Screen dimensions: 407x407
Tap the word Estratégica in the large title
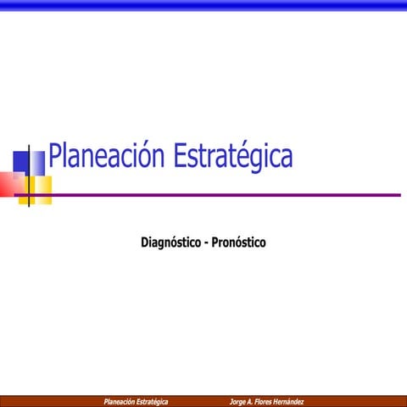232,157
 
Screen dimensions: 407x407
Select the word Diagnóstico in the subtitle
171,243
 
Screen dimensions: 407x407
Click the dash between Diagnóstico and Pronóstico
207,243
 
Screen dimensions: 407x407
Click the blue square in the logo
22,161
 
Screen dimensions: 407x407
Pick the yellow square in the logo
41,189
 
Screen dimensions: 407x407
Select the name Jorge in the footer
238,401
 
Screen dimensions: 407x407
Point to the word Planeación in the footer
120,401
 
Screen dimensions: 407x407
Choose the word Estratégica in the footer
153,401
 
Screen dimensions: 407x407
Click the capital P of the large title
56,157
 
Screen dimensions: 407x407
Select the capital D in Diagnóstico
145,243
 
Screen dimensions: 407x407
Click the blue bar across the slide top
203,5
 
